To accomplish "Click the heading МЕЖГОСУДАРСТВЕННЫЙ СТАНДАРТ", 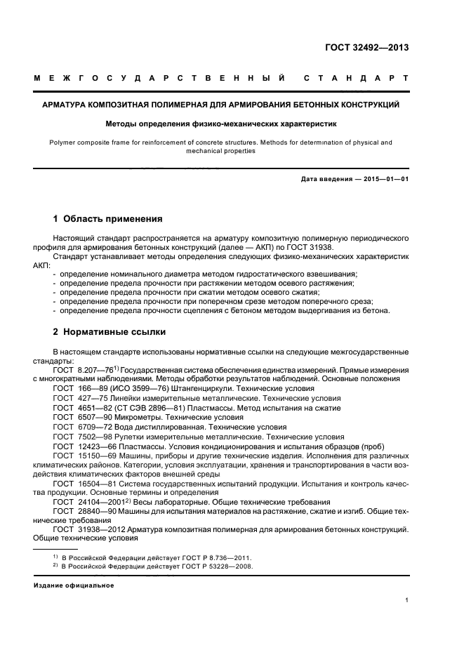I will [221, 79].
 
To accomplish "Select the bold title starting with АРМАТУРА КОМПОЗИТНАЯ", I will [221, 105].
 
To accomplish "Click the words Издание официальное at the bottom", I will [74, 585].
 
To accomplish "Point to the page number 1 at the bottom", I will [406, 600].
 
